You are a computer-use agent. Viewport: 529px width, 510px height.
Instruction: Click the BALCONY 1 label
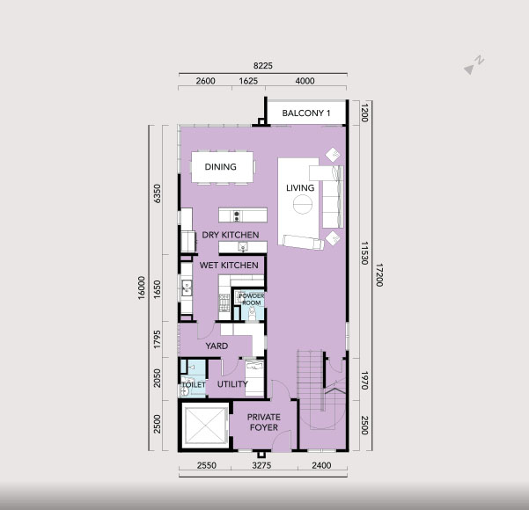(306, 113)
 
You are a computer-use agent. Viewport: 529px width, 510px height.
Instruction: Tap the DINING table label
(220, 166)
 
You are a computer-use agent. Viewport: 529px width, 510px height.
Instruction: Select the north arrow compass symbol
(474, 65)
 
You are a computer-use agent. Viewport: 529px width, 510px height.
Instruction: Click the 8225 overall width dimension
(263, 65)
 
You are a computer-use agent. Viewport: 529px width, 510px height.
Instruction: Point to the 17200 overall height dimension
(379, 275)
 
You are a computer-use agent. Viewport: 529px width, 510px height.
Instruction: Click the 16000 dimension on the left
(142, 288)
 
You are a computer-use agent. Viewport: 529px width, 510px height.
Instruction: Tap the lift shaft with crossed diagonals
(205, 426)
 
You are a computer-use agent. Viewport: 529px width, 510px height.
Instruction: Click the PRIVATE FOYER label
(263, 422)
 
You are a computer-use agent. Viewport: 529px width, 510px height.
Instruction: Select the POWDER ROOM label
(252, 299)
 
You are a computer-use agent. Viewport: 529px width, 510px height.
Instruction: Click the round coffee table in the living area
(302, 204)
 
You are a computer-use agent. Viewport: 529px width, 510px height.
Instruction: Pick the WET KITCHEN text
(229, 266)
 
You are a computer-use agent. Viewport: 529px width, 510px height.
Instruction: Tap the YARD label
(217, 346)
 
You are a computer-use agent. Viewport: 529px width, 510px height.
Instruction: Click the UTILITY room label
(232, 384)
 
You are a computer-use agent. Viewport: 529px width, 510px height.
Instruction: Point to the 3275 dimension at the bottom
(261, 465)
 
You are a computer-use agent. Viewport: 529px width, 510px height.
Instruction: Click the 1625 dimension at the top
(248, 81)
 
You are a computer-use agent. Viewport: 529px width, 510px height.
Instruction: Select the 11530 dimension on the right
(364, 253)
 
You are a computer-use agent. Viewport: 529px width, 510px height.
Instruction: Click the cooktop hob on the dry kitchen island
(237, 215)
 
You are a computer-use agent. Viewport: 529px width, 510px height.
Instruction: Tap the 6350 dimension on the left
(158, 193)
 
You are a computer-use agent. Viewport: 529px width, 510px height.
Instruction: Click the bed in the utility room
(254, 377)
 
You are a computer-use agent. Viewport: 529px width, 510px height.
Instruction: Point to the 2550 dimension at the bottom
(207, 465)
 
